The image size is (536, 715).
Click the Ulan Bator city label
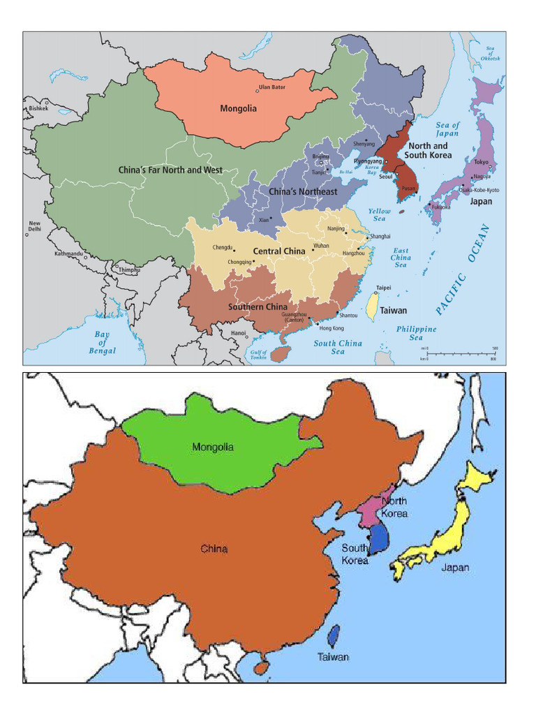click(x=272, y=87)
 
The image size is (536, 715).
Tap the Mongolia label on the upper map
click(x=238, y=108)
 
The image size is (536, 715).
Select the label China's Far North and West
click(x=170, y=170)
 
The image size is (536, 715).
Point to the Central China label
click(x=279, y=251)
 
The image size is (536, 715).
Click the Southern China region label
click(x=258, y=307)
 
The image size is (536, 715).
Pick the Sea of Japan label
click(x=447, y=129)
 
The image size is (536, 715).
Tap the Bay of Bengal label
click(x=102, y=342)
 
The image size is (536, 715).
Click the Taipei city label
click(x=383, y=287)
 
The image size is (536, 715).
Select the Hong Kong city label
click(x=331, y=327)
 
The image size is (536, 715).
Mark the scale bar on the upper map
click(x=460, y=354)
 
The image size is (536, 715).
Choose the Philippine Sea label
click(x=416, y=333)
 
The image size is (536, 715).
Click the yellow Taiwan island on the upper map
click(x=373, y=307)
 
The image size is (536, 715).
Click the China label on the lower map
click(x=214, y=549)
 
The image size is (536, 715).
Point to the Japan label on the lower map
click(x=455, y=567)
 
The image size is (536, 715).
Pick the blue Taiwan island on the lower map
click(x=334, y=636)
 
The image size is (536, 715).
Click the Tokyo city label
click(x=482, y=162)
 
